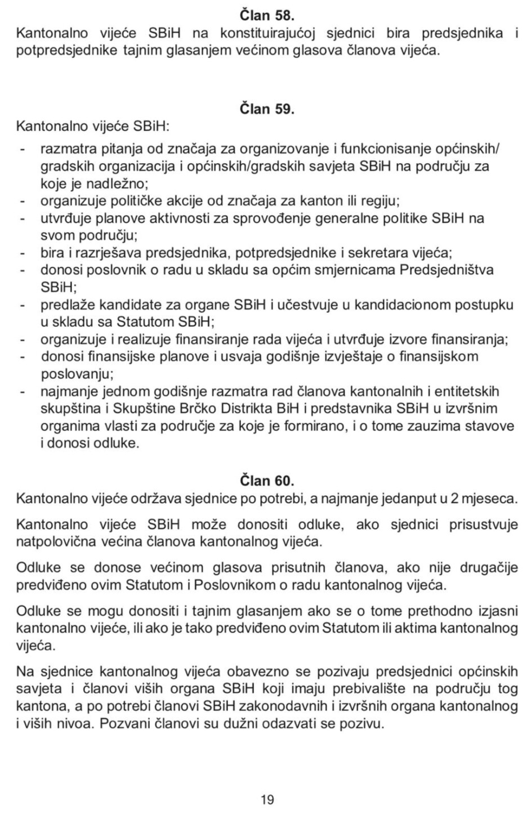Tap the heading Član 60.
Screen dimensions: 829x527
click(267, 480)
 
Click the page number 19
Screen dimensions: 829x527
click(267, 799)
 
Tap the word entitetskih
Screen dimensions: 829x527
click(463, 391)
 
